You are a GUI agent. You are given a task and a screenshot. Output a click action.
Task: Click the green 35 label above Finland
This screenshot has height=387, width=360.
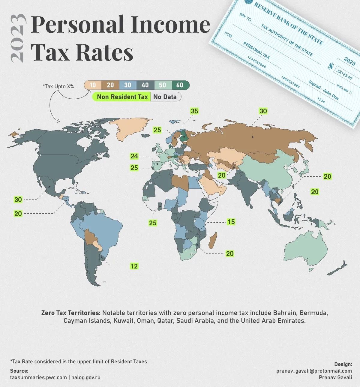click(x=194, y=111)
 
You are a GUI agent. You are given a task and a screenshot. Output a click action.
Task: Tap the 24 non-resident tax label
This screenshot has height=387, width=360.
click(x=134, y=156)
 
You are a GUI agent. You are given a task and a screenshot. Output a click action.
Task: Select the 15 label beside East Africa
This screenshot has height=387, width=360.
click(x=231, y=222)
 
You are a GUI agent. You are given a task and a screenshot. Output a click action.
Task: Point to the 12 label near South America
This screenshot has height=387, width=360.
click(x=134, y=266)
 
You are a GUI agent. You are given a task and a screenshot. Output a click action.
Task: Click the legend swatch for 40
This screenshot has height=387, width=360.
click(x=145, y=85)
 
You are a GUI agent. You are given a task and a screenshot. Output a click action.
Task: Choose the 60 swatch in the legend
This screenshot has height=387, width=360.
click(x=180, y=85)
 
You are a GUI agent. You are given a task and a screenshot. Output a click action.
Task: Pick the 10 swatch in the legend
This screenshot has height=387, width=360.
click(x=93, y=85)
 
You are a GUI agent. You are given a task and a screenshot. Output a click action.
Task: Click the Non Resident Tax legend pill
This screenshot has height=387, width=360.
click(x=122, y=97)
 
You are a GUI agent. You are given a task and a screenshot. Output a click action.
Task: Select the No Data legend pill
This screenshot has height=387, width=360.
click(x=165, y=97)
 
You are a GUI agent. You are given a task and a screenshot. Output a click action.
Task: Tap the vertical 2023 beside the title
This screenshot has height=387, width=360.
click(x=17, y=38)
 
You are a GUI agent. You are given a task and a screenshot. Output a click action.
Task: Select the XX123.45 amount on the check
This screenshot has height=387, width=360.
click(x=344, y=74)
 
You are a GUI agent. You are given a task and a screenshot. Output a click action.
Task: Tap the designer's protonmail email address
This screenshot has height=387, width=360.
click(x=314, y=371)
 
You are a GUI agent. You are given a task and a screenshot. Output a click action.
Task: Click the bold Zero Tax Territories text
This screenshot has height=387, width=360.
click(x=71, y=313)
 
